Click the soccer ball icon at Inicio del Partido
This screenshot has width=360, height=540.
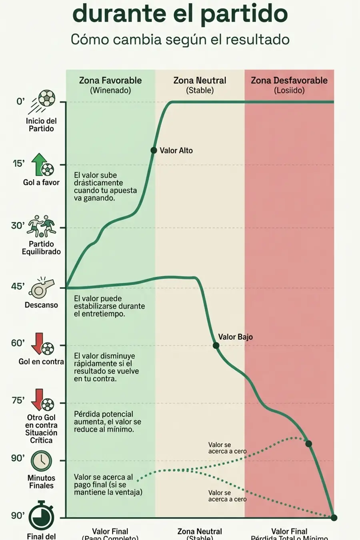point(46,98)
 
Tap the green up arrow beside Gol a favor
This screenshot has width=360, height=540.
point(39,164)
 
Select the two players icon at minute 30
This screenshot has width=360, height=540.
point(41,226)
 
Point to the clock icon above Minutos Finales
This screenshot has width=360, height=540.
point(42,461)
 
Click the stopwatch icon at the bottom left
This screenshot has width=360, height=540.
point(41,516)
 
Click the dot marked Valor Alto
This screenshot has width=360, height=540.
point(154,150)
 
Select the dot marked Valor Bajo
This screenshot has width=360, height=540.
point(216,346)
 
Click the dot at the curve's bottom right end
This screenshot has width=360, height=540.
point(334,518)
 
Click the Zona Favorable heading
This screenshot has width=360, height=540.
point(110,80)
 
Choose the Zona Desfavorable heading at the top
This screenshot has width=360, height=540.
point(289,80)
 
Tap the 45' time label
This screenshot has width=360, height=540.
point(18,286)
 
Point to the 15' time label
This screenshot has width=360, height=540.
point(18,164)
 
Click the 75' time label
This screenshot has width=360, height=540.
point(18,400)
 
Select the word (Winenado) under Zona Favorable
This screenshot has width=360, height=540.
point(110,90)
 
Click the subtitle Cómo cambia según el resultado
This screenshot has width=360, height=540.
point(180,40)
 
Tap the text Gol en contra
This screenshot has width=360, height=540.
point(41,362)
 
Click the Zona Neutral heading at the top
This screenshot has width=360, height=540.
point(200,80)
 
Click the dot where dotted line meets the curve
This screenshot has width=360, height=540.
point(308,444)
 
